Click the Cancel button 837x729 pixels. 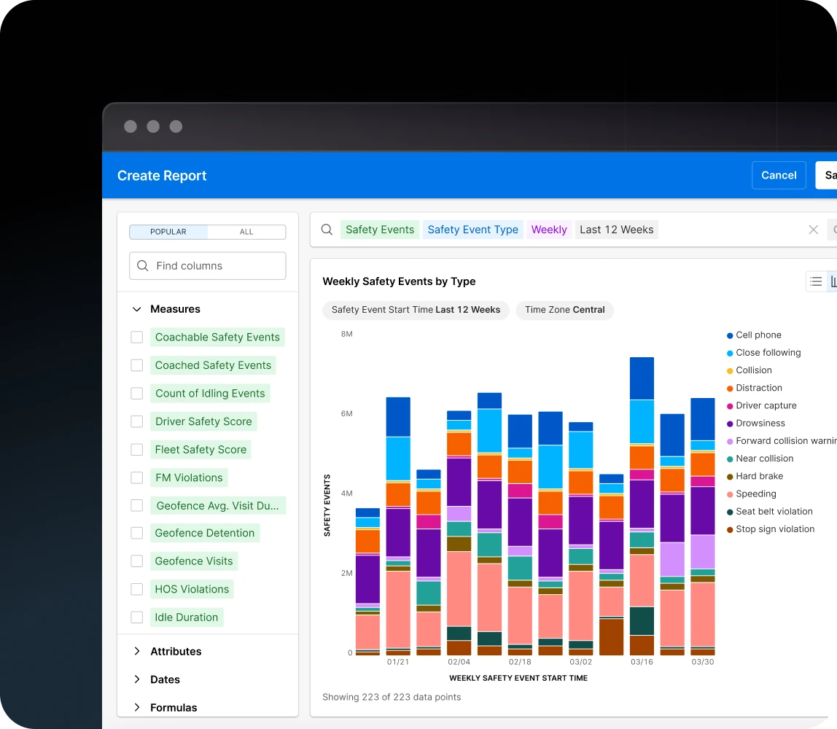click(x=778, y=175)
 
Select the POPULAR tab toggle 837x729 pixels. click(x=168, y=232)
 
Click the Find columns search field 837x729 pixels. click(x=208, y=266)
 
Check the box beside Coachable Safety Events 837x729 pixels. click(x=136, y=338)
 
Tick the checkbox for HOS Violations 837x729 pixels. click(x=136, y=589)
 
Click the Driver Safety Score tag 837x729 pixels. click(x=203, y=421)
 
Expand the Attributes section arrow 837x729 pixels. click(x=136, y=651)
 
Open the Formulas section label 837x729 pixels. click(x=174, y=707)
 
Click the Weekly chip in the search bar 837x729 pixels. click(x=548, y=230)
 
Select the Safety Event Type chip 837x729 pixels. click(x=472, y=230)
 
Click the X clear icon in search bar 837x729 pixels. click(x=813, y=230)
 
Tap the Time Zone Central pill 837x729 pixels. click(x=564, y=310)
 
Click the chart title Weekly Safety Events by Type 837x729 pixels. click(x=399, y=281)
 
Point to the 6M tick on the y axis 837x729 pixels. click(x=346, y=413)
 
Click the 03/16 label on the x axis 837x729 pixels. click(x=642, y=662)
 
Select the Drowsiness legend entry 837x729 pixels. click(x=760, y=423)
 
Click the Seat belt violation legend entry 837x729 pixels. click(x=774, y=512)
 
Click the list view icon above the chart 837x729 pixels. click(x=816, y=281)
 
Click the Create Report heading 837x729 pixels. click(x=162, y=176)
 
